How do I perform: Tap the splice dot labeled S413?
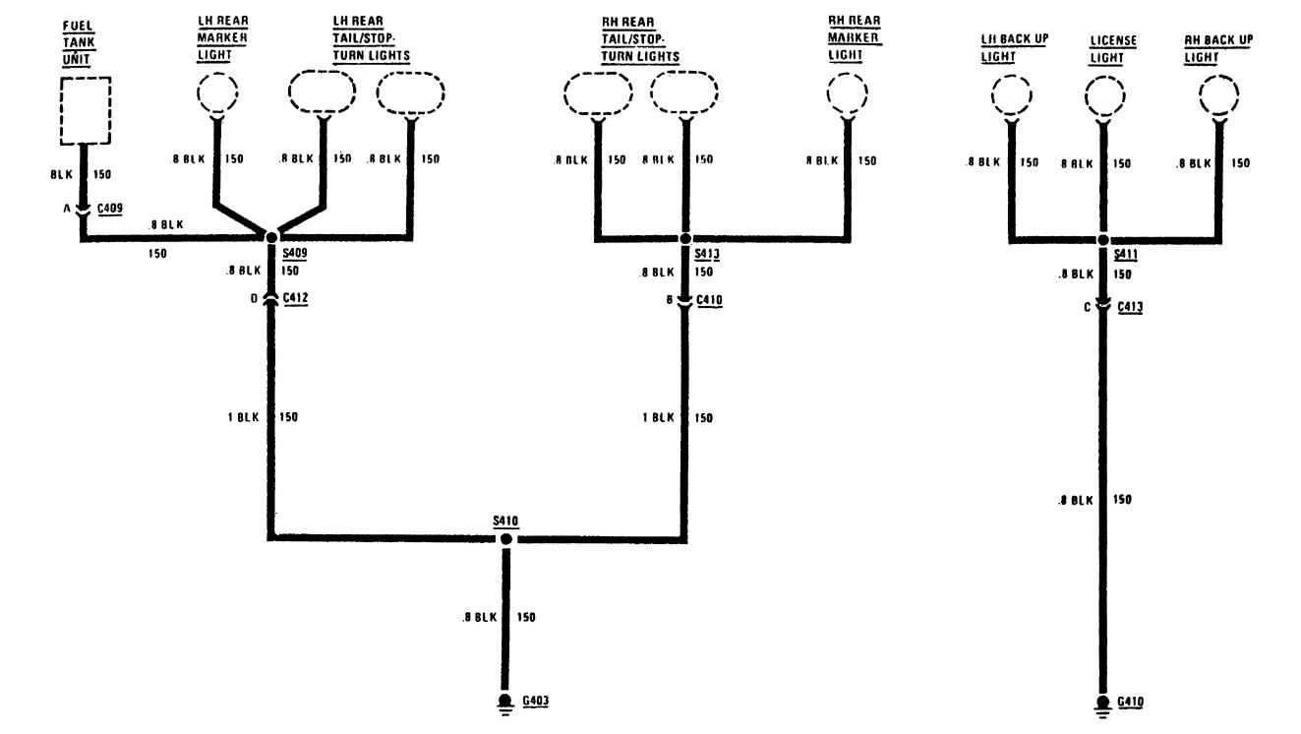tap(686, 238)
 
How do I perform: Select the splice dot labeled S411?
tap(1103, 239)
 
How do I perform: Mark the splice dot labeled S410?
tap(505, 539)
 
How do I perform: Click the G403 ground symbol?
tap(505, 701)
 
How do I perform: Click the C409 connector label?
tap(109, 209)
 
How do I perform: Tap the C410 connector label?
tap(710, 301)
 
